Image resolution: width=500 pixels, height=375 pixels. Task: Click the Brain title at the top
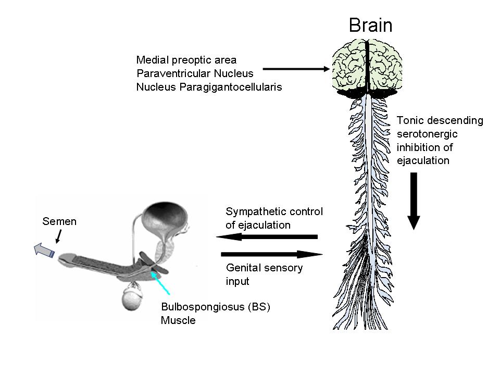(x=370, y=25)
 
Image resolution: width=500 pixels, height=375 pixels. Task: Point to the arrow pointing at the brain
(x=297, y=69)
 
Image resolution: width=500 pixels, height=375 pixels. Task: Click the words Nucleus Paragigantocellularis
(x=209, y=87)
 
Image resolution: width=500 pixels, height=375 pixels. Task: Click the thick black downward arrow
(x=414, y=201)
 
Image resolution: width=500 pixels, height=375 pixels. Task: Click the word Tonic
(x=409, y=120)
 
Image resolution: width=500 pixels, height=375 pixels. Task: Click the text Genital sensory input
(x=264, y=274)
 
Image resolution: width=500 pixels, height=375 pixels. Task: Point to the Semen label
(x=59, y=221)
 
